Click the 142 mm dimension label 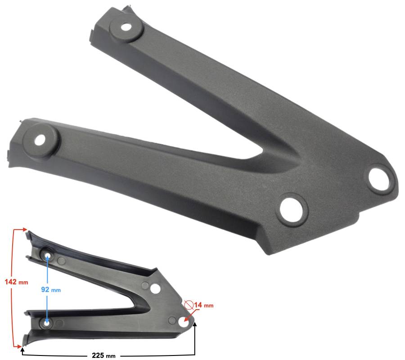click(x=16, y=282)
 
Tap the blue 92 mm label click(x=51, y=290)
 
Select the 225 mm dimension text click(x=103, y=355)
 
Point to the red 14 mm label click(x=204, y=305)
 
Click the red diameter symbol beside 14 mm click(x=189, y=305)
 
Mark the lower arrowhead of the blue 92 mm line click(x=47, y=323)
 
